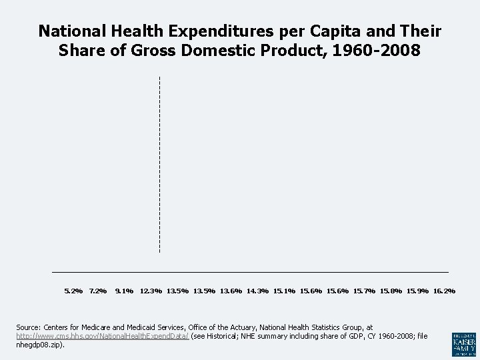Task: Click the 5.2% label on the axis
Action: pos(73,291)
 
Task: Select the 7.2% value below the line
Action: pos(98,291)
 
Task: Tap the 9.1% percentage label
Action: pos(125,291)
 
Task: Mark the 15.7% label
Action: pos(365,291)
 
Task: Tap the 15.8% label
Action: pos(391,291)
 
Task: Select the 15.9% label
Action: pos(418,291)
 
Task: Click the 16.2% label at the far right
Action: pos(445,291)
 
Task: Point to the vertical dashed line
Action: pos(159,164)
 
